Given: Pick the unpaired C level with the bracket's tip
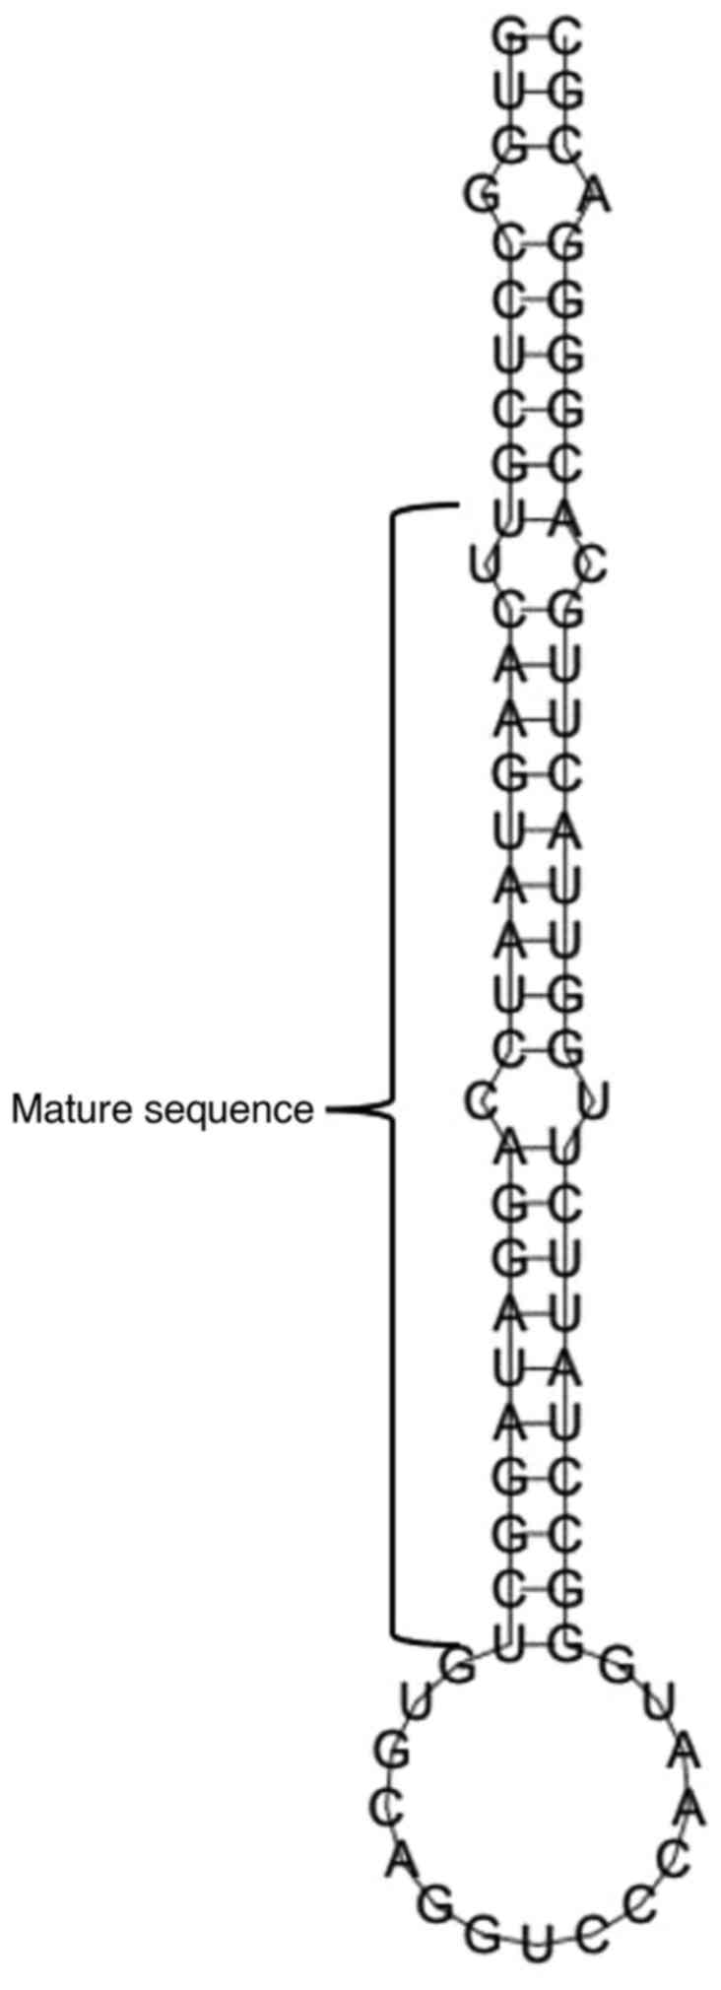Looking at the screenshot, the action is point(480,1104).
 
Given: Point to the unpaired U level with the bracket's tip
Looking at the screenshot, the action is point(594,1099).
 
